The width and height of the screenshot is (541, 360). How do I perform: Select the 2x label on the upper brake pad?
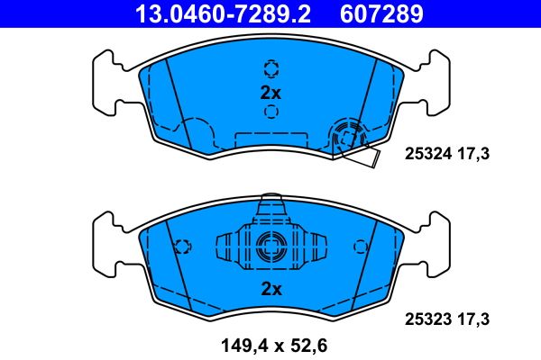tap(270, 92)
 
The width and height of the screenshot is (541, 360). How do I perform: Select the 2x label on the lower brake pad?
tap(270, 288)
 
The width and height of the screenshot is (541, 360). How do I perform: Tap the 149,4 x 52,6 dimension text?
tap(270, 342)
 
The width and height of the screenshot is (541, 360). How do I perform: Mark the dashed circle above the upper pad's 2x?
tap(270, 68)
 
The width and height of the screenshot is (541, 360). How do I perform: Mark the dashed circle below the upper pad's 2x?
tap(270, 112)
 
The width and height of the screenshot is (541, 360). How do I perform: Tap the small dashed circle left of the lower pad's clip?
tap(183, 246)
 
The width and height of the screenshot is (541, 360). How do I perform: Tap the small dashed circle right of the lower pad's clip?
tap(360, 246)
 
